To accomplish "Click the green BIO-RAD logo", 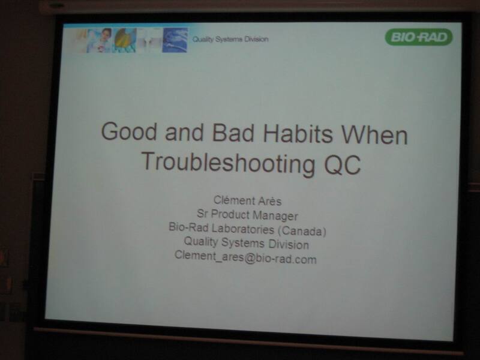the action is coord(418,37).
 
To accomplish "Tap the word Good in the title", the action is coord(129,131).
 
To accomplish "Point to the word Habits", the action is coord(298,133).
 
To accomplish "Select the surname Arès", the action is coord(269,201).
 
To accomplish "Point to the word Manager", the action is coord(275,215).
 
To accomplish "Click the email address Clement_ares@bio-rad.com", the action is coord(245,257).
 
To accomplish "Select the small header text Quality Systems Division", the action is coord(230,39).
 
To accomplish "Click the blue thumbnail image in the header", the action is coord(175,40).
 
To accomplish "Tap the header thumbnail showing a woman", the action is coord(99,40).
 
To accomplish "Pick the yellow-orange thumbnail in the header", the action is coord(125,40).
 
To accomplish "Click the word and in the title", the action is coord(184,132).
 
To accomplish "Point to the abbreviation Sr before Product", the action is coord(202,214).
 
